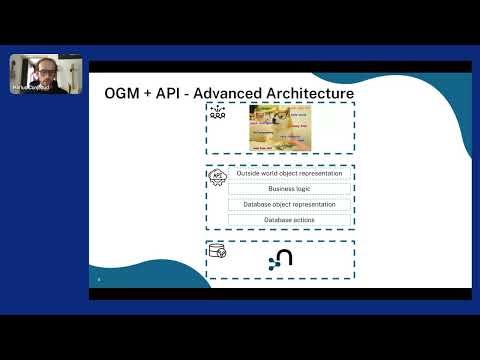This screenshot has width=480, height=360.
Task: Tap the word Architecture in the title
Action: tap(313, 94)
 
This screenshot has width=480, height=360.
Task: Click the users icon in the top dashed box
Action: tap(216, 116)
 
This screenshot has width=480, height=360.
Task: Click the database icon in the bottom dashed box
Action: tap(217, 251)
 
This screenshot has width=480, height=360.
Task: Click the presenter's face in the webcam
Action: tap(41, 72)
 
